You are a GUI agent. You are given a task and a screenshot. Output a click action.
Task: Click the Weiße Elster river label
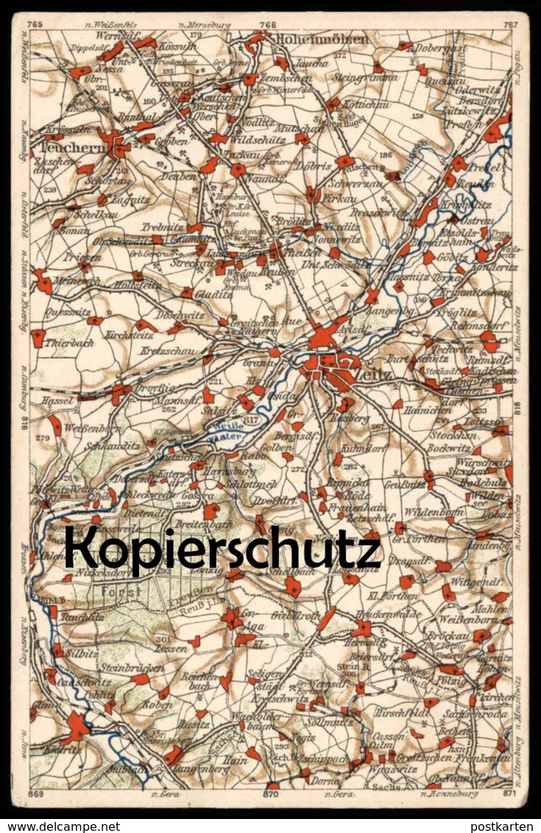click(229, 430)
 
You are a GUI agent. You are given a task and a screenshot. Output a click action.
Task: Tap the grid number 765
click(33, 24)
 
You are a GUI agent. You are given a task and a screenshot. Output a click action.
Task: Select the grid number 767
click(511, 24)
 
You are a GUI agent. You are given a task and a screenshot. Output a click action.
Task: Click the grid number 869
click(35, 795)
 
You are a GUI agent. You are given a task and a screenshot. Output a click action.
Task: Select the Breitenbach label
click(188, 525)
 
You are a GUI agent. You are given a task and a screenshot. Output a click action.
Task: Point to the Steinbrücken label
click(125, 667)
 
